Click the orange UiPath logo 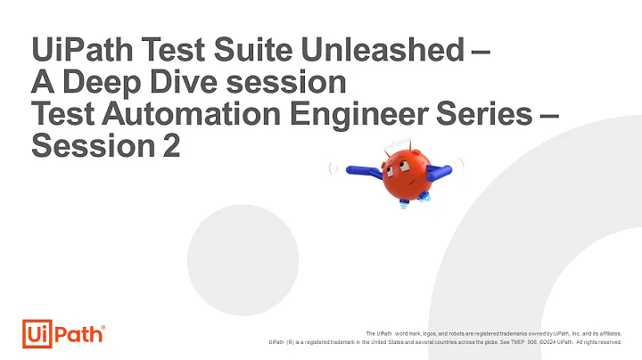[62, 332]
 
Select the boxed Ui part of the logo [37, 332]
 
